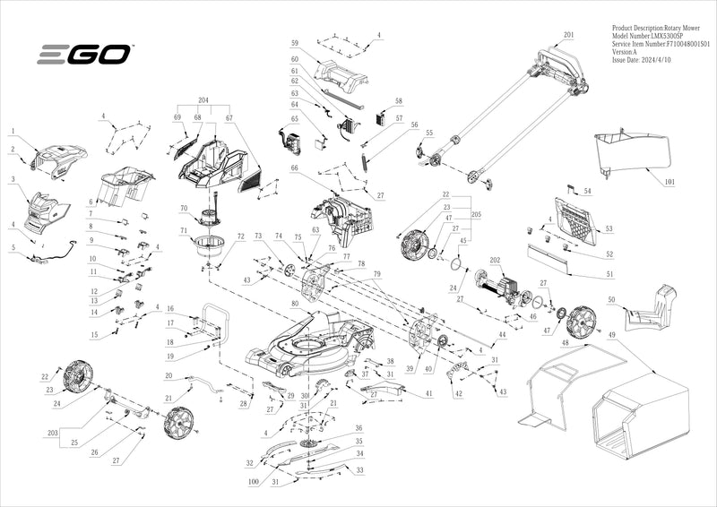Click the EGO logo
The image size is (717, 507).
click(x=83, y=56)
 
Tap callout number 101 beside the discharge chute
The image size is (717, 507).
click(x=669, y=183)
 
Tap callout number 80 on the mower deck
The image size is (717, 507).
click(x=293, y=303)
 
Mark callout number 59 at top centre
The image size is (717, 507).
click(x=294, y=43)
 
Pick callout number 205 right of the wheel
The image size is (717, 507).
click(x=476, y=215)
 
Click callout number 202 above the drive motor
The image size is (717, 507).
click(x=494, y=261)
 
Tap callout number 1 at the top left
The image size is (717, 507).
click(x=13, y=132)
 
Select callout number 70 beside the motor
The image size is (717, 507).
click(x=182, y=208)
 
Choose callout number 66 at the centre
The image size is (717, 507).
click(x=293, y=168)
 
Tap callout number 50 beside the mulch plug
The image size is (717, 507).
click(x=610, y=299)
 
